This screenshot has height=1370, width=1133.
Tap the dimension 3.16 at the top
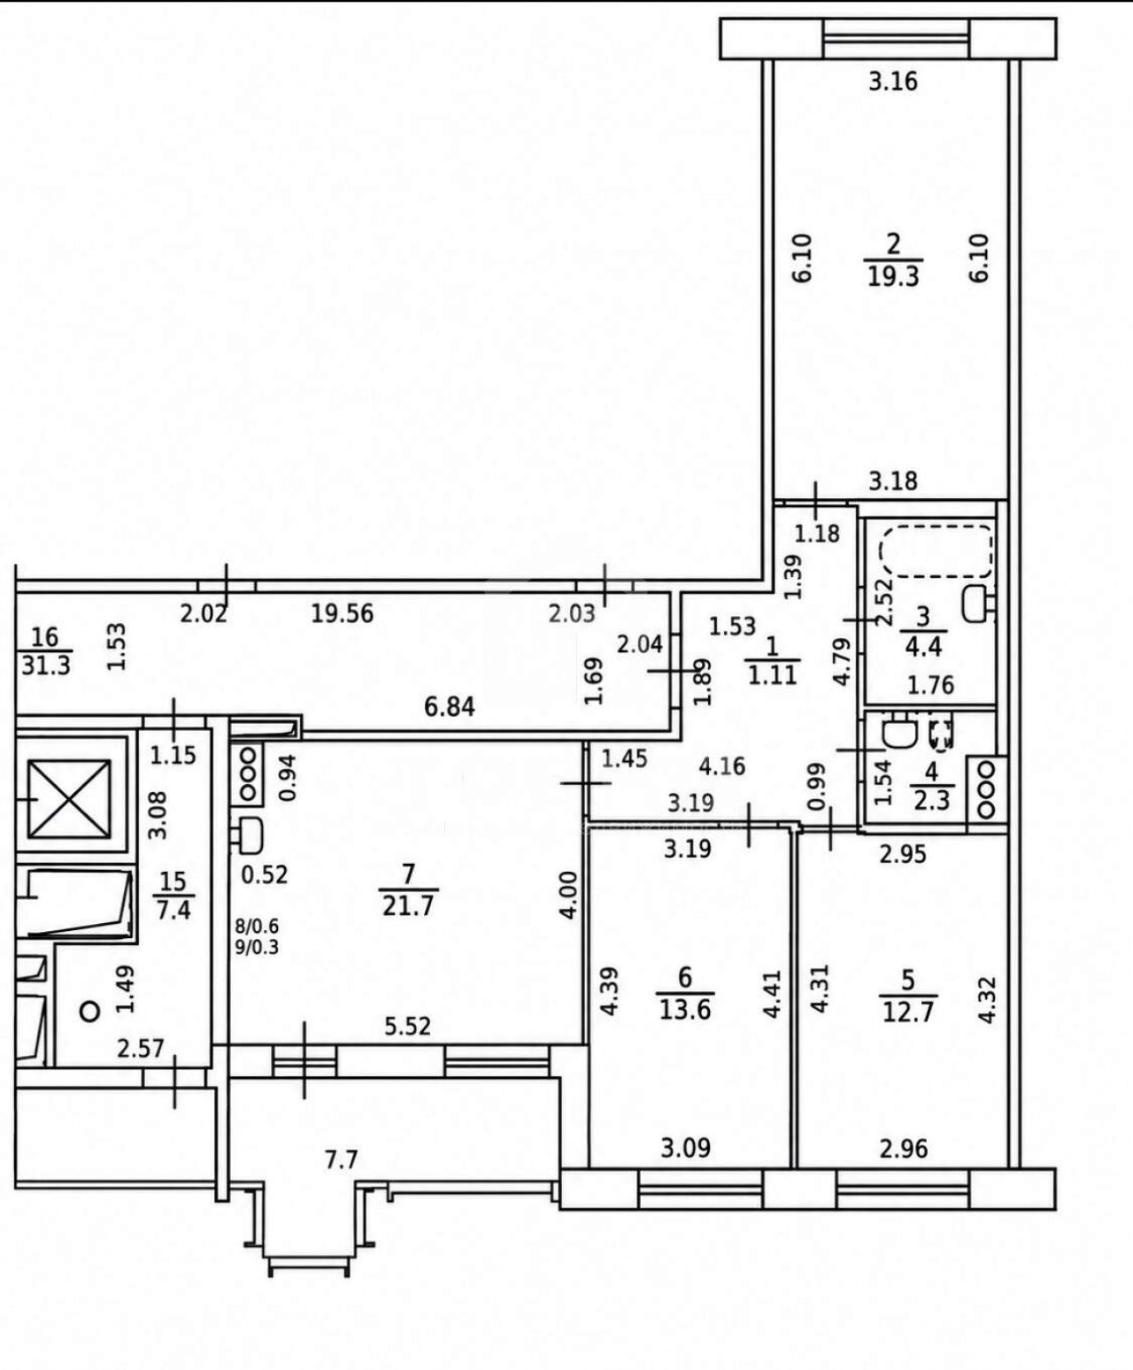[x=893, y=82]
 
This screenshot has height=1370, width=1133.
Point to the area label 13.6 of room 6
[x=684, y=1010]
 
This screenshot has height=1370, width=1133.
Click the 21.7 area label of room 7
[x=408, y=906]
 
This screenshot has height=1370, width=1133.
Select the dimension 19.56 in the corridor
[x=342, y=613]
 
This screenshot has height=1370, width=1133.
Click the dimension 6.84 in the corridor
[x=449, y=707]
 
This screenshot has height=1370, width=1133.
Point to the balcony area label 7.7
[x=342, y=1160]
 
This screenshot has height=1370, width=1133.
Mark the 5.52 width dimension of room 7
[x=408, y=1027]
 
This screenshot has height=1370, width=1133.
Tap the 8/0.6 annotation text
[x=258, y=926]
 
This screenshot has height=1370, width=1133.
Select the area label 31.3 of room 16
[x=46, y=666]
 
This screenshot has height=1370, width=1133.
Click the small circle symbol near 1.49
[x=89, y=1012]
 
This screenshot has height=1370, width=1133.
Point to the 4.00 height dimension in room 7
[x=569, y=895]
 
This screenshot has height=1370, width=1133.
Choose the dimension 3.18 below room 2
[x=893, y=481]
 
